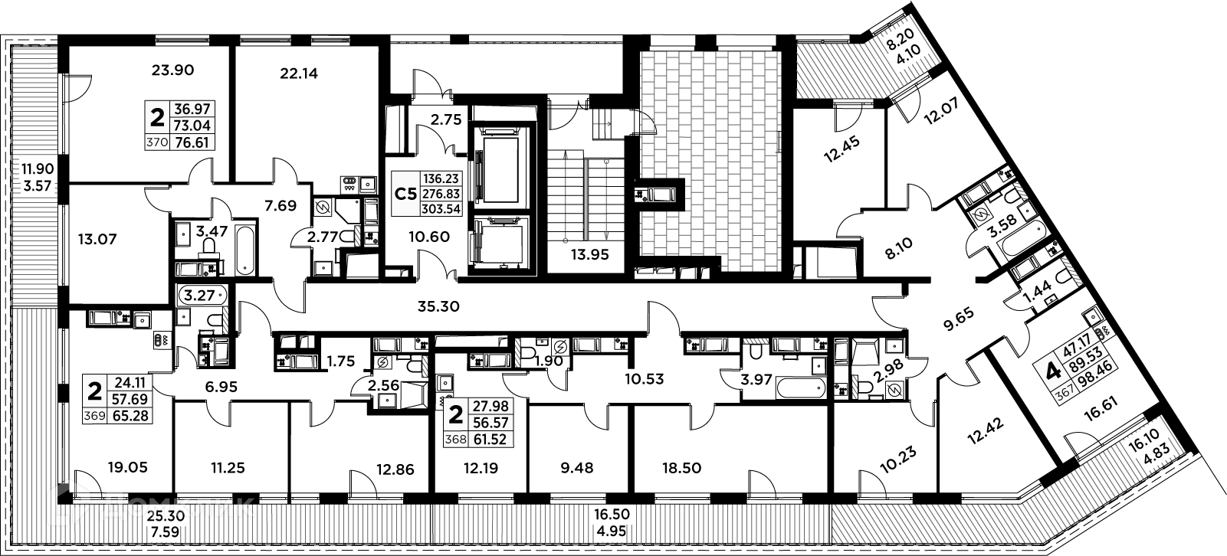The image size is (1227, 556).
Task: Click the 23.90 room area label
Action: pyautogui.click(x=172, y=70)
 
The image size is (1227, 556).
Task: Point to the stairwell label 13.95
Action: pyautogui.click(x=589, y=256)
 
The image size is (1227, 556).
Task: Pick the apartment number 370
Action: pyautogui.click(x=156, y=142)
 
